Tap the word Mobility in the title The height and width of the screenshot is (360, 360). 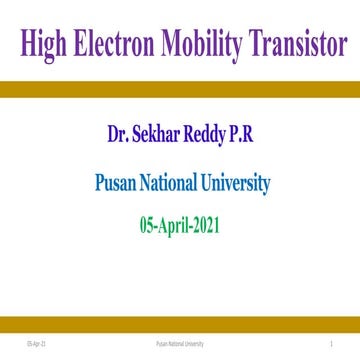tap(204, 46)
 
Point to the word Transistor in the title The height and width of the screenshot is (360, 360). tap(300, 46)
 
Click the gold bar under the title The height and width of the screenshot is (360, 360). tap(180, 88)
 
